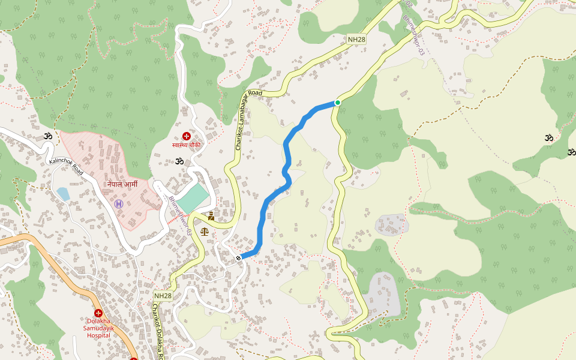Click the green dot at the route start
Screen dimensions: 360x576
(338, 103)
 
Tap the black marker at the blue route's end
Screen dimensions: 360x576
(239, 258)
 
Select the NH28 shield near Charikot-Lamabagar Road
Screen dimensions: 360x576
(356, 40)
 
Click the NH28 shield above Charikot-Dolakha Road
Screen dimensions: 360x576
(163, 296)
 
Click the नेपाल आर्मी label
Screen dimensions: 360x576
(122, 184)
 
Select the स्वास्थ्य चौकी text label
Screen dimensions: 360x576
(186, 145)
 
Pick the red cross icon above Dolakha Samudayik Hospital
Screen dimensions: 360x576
(98, 313)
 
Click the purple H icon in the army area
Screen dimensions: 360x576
(119, 204)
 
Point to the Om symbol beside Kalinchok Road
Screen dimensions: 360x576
(48, 137)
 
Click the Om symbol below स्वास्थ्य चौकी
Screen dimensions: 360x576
(178, 161)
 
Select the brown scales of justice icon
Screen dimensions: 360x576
(205, 230)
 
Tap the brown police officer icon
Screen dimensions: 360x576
(211, 216)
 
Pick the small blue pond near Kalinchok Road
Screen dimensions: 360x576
(63, 193)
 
